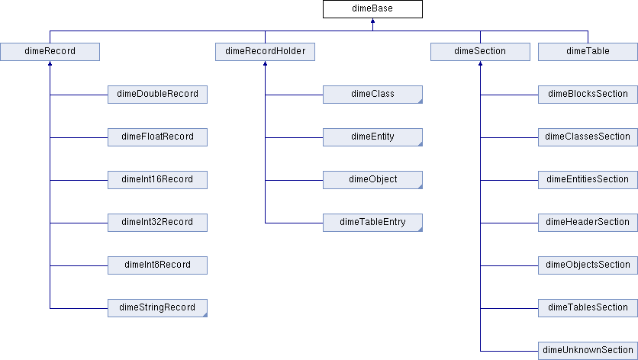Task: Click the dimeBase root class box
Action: coord(372,9)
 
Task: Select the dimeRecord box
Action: coord(50,52)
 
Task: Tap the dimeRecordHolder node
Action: coord(266,52)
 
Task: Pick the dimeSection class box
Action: coord(481,52)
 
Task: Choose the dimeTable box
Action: coord(588,52)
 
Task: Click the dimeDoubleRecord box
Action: coord(157,95)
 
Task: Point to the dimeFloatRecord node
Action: coord(157,137)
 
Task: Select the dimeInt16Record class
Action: coord(157,180)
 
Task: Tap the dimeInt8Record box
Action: coord(157,265)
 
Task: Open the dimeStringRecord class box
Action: coord(157,308)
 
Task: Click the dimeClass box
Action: coord(372,95)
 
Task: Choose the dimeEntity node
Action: coord(372,137)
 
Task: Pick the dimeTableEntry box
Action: coord(372,223)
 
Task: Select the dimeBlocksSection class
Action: coord(588,95)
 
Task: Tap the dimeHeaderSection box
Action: coord(588,223)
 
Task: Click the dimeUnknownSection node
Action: coord(588,351)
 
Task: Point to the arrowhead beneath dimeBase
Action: coord(372,21)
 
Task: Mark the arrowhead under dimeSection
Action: coord(481,63)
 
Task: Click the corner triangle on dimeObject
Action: coord(420,187)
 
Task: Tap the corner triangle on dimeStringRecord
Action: coord(205,315)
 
